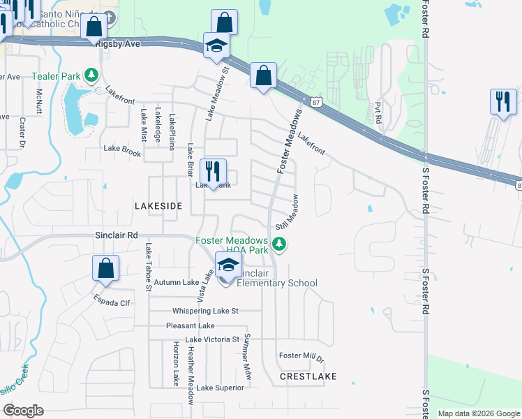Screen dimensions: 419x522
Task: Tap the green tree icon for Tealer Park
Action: [x=90, y=74]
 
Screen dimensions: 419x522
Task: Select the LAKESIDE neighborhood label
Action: [x=158, y=206]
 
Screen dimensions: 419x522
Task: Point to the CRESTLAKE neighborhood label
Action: [x=308, y=376]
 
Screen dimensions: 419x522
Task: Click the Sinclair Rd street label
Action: [x=117, y=236]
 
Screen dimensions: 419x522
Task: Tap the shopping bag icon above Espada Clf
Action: [x=105, y=269]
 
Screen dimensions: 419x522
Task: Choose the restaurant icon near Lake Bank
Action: [x=213, y=171]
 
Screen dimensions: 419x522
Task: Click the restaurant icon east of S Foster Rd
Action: [x=502, y=101]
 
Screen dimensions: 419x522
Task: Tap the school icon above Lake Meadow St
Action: [x=216, y=46]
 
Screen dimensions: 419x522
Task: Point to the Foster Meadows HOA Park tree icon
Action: [x=279, y=243]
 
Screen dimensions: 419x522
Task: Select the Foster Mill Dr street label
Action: [x=301, y=355]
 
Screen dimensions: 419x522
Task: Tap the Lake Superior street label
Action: [x=221, y=388]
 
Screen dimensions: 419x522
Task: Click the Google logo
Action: [x=23, y=411]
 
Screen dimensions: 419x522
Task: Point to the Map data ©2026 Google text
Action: [x=478, y=413]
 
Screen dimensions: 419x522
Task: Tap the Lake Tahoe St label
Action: [x=148, y=267]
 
